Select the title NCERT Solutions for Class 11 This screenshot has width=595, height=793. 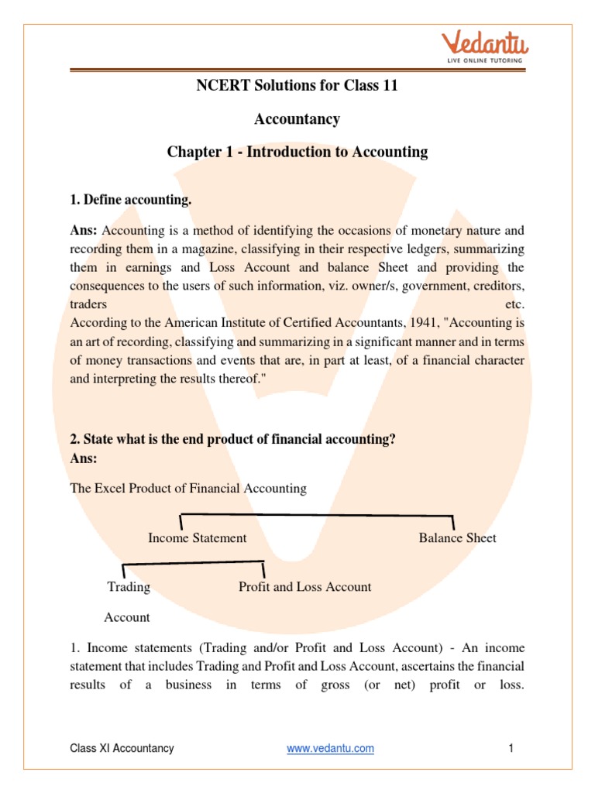click(x=297, y=86)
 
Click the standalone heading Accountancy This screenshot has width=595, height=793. click(x=297, y=119)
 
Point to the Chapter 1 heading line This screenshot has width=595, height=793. click(x=297, y=152)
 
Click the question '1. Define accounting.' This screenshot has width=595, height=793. click(x=131, y=201)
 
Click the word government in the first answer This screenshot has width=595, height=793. click(x=418, y=286)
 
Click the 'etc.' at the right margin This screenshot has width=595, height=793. click(x=514, y=304)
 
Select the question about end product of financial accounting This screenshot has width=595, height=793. click(x=233, y=439)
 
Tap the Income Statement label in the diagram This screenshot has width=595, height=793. click(x=198, y=537)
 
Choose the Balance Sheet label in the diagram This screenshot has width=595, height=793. click(x=458, y=537)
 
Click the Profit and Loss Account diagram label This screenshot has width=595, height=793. click(x=305, y=587)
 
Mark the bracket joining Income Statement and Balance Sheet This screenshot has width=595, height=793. click(x=318, y=515)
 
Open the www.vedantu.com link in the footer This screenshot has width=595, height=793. click(x=330, y=748)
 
